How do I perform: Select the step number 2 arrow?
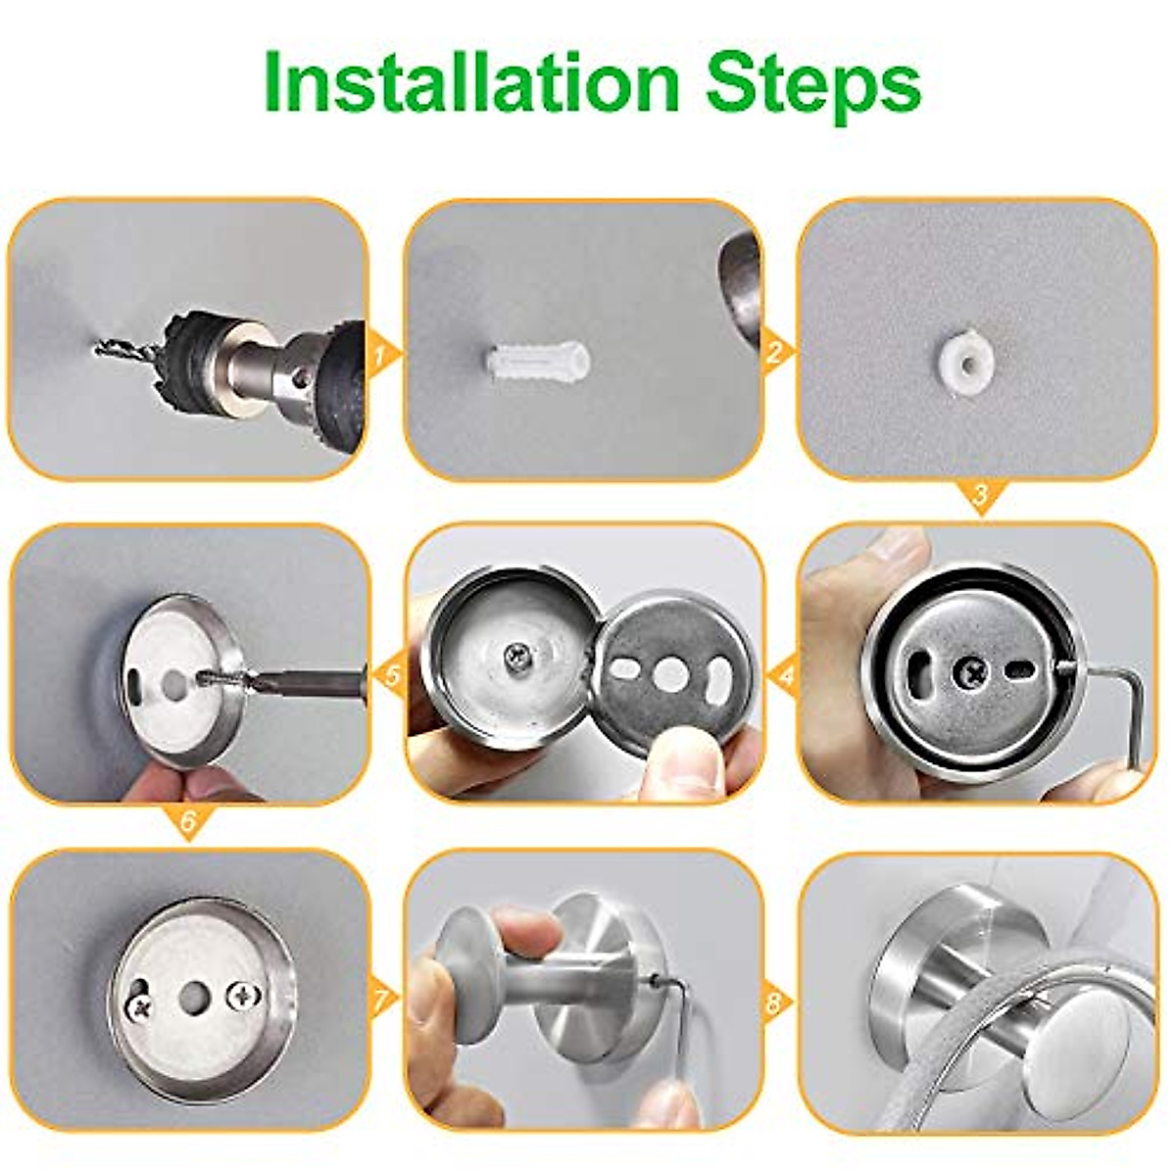(777, 351)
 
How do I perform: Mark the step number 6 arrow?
(189, 822)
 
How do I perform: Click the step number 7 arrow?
(385, 1001)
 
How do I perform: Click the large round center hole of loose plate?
(671, 673)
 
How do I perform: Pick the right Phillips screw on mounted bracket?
(239, 996)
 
